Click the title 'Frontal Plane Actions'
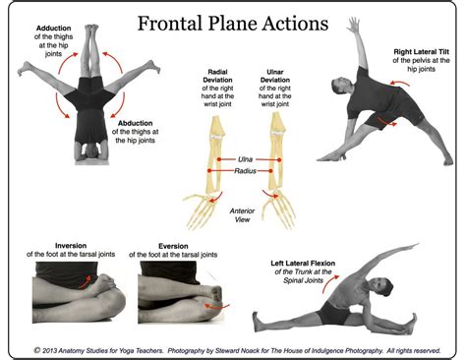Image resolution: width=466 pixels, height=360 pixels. [x=232, y=22]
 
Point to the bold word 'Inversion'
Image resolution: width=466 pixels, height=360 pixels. [x=48, y=246]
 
